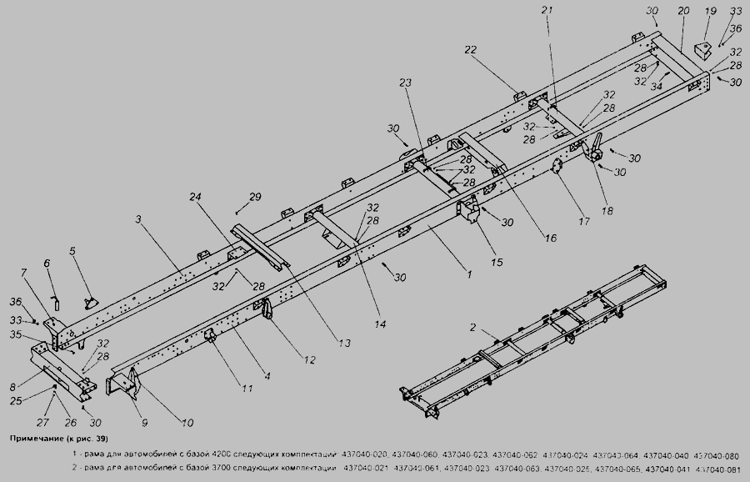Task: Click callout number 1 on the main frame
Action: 469,274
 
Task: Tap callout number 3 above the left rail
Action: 140,218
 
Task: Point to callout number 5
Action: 72,250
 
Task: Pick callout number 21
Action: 547,9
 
